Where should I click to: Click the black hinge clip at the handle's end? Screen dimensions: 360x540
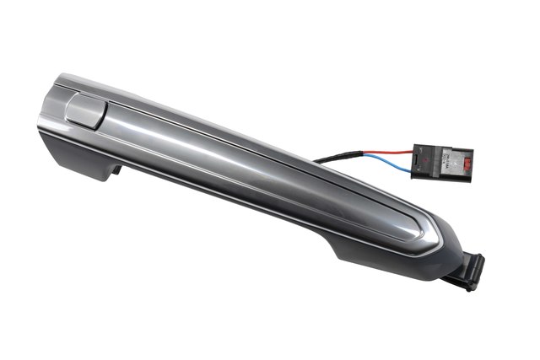[x=467, y=269]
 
